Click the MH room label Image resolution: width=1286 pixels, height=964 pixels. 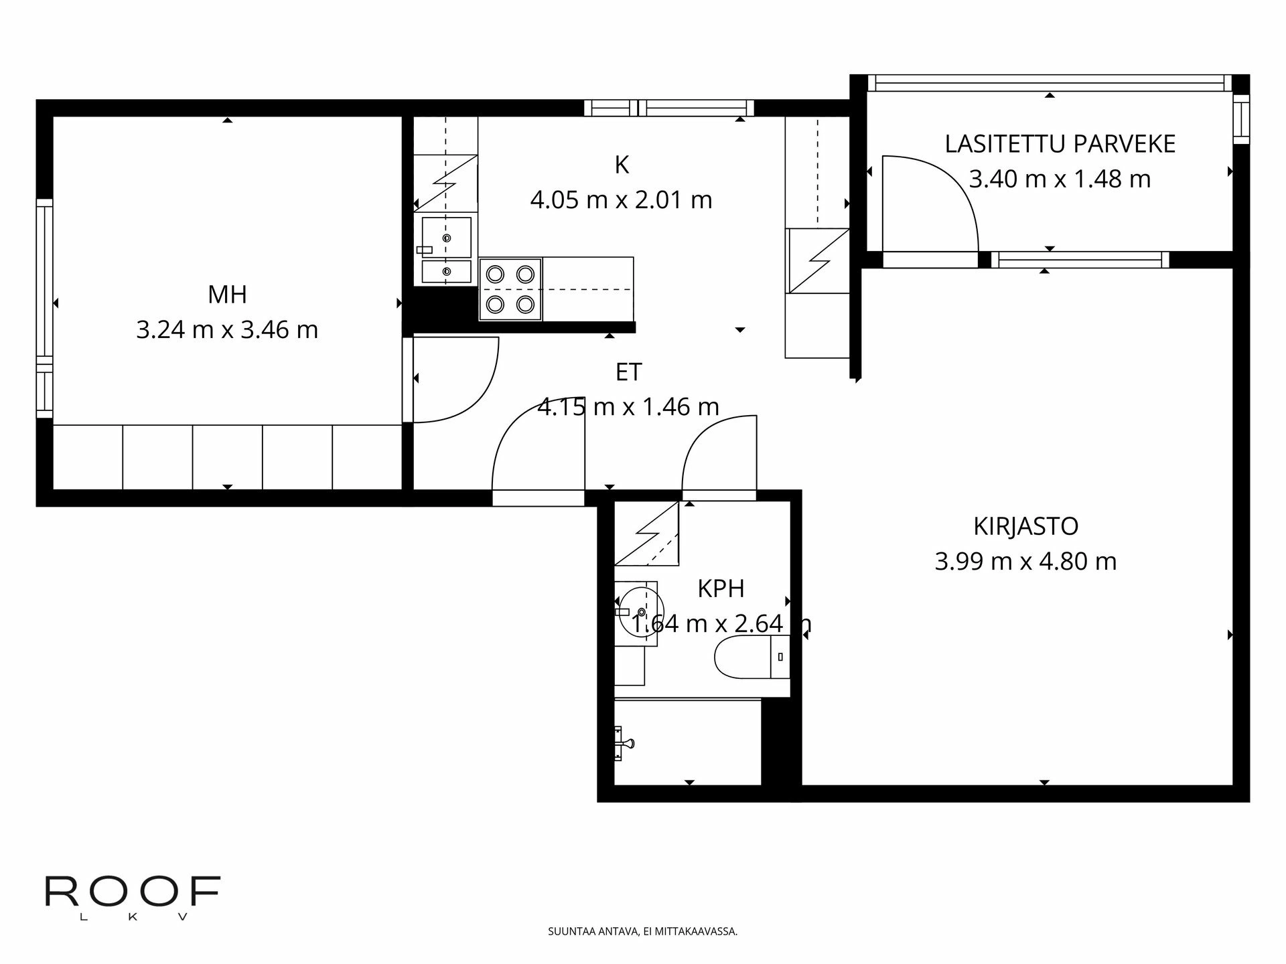(x=227, y=295)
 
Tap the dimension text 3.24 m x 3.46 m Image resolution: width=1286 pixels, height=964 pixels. (x=227, y=330)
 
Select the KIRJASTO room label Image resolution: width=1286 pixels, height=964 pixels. (x=1025, y=526)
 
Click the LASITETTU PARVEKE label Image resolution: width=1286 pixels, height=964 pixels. (x=1060, y=144)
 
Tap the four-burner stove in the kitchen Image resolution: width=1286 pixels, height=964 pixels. (x=510, y=289)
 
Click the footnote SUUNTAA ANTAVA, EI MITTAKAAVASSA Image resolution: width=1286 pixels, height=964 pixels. (x=642, y=931)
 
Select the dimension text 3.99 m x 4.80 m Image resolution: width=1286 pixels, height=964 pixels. (x=1025, y=561)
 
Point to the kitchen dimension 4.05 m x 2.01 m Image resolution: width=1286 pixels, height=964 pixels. (x=621, y=200)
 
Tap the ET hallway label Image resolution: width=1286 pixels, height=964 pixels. (x=628, y=372)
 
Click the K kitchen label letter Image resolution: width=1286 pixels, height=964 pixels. (x=622, y=165)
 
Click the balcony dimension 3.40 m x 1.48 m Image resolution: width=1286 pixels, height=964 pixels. (x=1060, y=179)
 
